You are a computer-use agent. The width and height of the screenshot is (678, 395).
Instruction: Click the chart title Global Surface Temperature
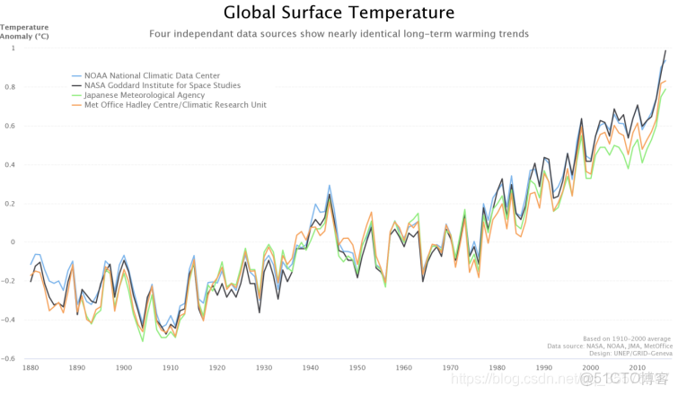(339, 13)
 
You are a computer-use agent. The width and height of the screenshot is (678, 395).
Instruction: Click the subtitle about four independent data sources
(339, 34)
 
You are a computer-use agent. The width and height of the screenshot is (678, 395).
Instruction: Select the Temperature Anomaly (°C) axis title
(24, 31)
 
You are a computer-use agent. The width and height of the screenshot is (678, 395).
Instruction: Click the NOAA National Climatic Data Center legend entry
(152, 75)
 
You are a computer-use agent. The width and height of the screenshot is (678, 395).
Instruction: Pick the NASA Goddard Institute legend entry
(162, 85)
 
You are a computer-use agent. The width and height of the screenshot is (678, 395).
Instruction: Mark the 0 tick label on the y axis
(13, 242)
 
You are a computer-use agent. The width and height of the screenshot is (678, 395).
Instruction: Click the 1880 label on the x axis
(31, 368)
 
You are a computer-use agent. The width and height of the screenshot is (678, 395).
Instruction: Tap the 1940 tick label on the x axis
(311, 368)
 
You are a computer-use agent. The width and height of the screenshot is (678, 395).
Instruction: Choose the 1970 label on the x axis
(451, 368)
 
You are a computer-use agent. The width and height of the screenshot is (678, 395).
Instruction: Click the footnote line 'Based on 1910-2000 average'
(627, 339)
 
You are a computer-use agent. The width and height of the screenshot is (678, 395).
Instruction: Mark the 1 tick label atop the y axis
(13, 48)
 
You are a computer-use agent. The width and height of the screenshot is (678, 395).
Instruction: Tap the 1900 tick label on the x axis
(124, 368)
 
